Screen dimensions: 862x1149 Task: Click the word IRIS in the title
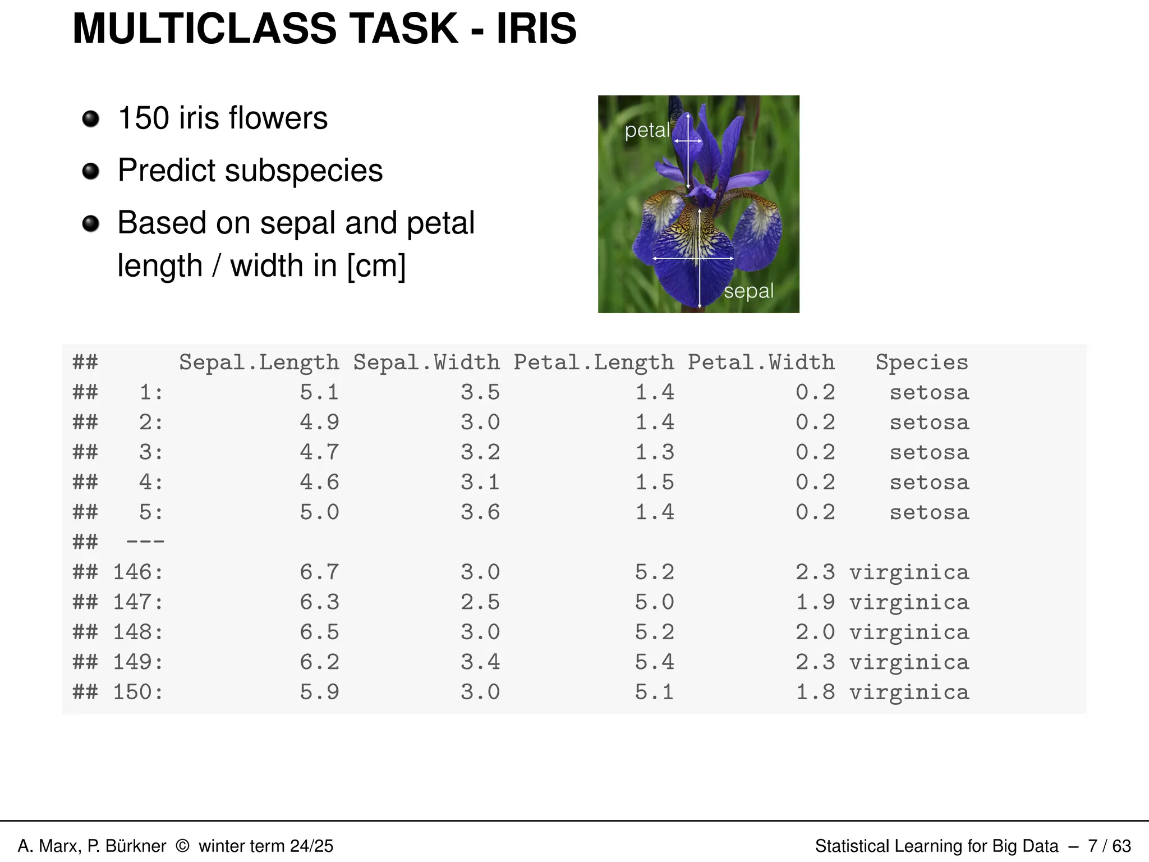pyautogui.click(x=536, y=29)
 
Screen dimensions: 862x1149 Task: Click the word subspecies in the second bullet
pyautogui.click(x=304, y=171)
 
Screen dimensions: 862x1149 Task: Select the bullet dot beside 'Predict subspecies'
pyautogui.click(x=90, y=171)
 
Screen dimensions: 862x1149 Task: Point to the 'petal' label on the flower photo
pyautogui.click(x=647, y=130)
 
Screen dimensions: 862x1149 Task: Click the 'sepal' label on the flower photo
pyautogui.click(x=748, y=291)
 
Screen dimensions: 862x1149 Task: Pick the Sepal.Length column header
pyautogui.click(x=259, y=363)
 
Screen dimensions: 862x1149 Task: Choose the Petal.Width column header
pyautogui.click(x=761, y=363)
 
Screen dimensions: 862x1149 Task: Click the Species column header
pyautogui.click(x=922, y=363)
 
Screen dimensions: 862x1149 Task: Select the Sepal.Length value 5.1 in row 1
pyautogui.click(x=319, y=392)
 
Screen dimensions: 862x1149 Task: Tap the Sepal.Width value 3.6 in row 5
pyautogui.click(x=480, y=512)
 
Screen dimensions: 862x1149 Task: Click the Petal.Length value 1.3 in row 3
pyautogui.click(x=654, y=452)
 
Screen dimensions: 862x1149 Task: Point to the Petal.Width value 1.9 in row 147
pyautogui.click(x=815, y=602)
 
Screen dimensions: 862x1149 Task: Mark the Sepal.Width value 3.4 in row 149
pyautogui.click(x=480, y=662)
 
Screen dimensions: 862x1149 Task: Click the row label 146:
pyautogui.click(x=138, y=572)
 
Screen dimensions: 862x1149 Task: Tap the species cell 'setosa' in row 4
pyautogui.click(x=929, y=483)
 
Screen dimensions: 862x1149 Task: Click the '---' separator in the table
pyautogui.click(x=145, y=542)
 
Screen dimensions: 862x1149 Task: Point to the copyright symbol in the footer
pyautogui.click(x=182, y=846)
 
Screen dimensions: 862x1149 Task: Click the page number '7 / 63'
pyautogui.click(x=1109, y=846)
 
